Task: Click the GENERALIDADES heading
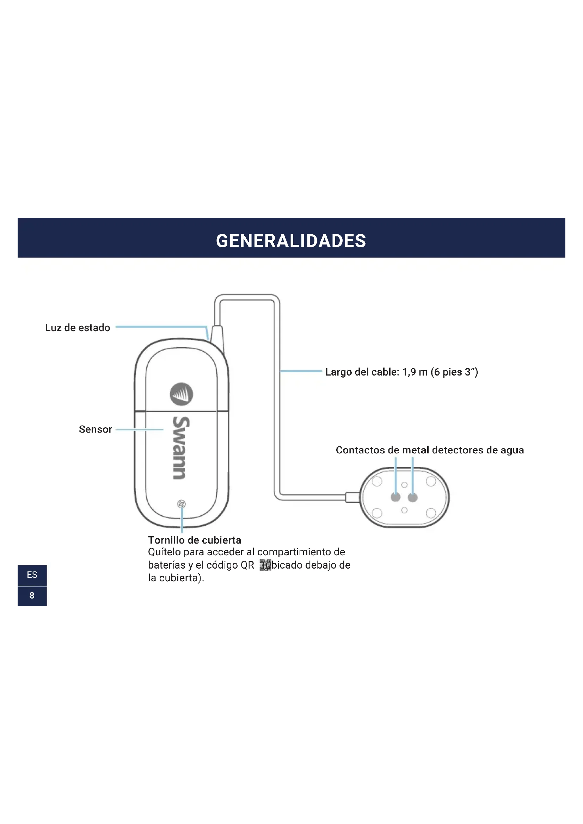point(291,241)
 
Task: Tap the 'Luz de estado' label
point(78,328)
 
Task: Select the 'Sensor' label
point(95,429)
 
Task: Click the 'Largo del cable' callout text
point(401,372)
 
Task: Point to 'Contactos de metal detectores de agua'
point(429,450)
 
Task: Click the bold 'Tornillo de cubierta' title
point(194,540)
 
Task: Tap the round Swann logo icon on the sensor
point(181,394)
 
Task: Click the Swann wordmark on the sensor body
point(180,447)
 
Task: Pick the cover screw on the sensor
point(182,504)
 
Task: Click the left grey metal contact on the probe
point(395,497)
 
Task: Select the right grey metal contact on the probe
point(412,497)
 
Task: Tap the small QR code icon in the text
point(265,565)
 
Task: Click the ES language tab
point(32,575)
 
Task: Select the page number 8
point(32,596)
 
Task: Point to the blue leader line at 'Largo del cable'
point(301,371)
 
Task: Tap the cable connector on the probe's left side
point(352,497)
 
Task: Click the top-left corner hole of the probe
point(377,481)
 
